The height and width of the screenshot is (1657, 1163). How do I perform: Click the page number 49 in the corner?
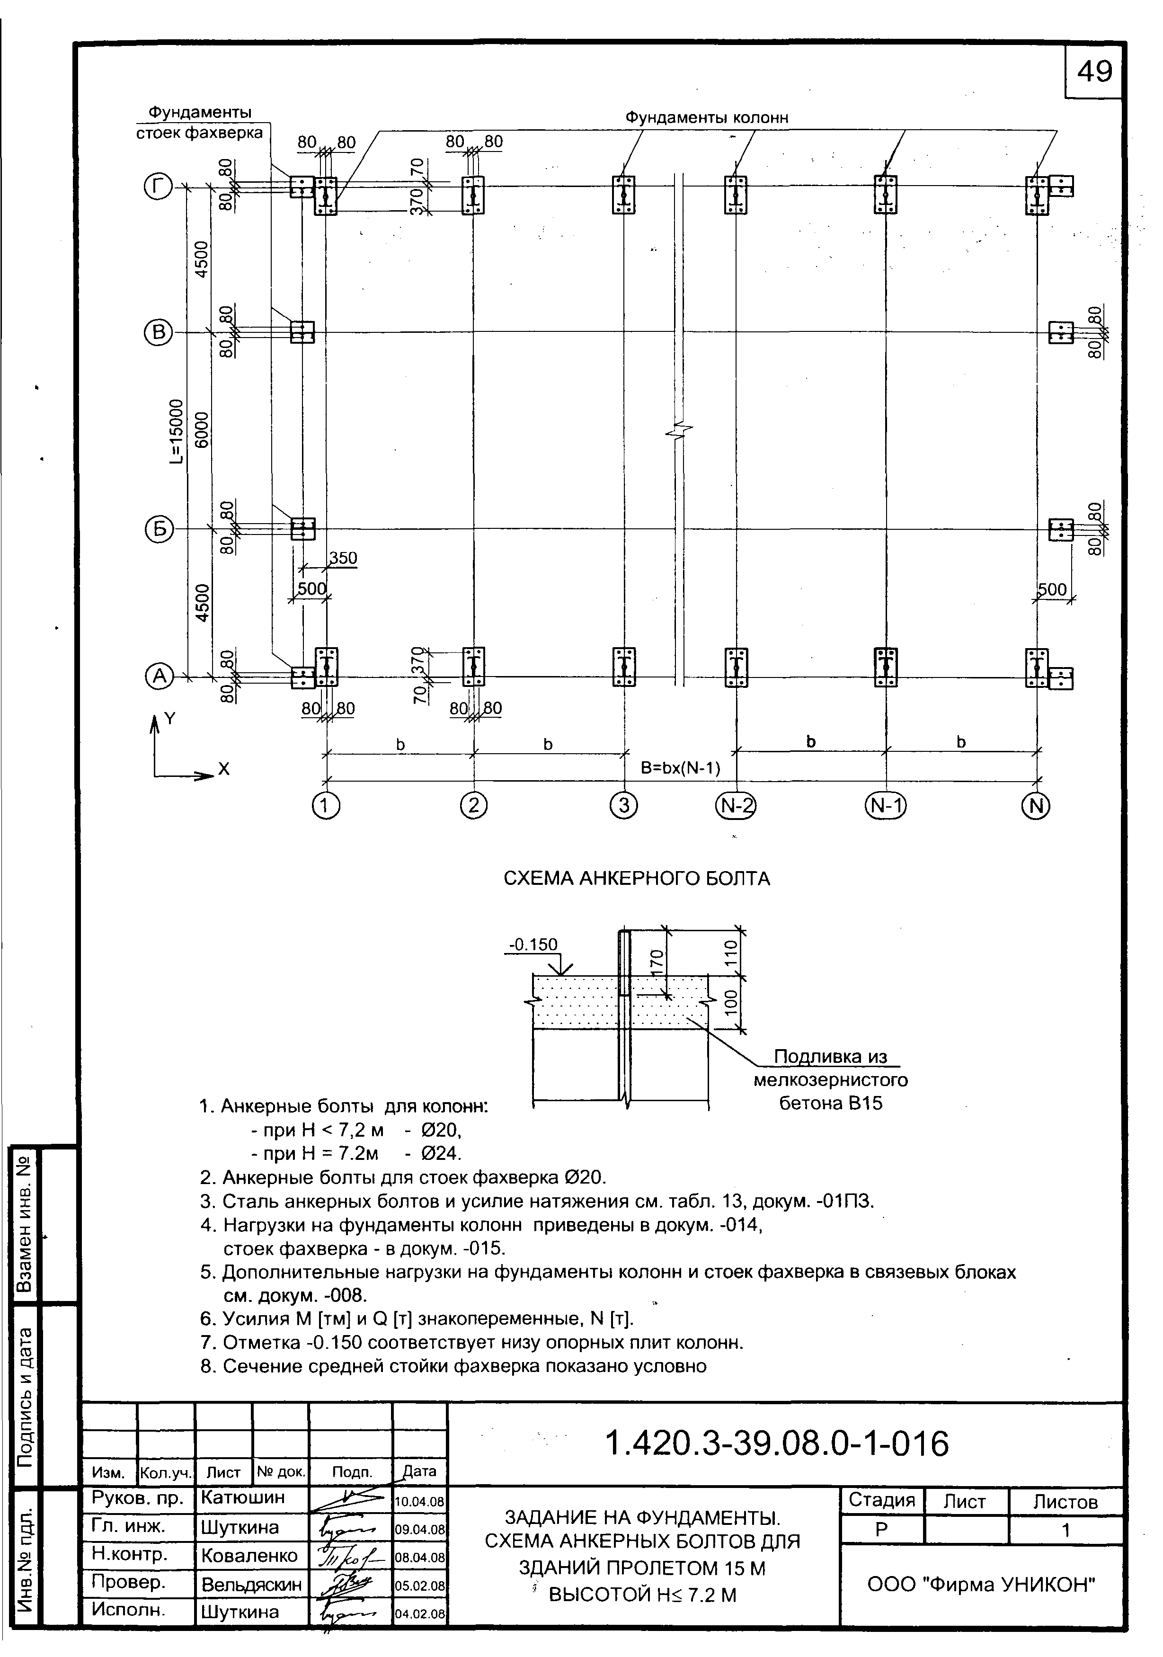pyautogui.click(x=1094, y=71)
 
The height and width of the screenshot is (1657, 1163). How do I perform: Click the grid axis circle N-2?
pyautogui.click(x=735, y=805)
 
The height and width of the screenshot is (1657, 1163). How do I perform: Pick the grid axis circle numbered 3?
pyautogui.click(x=623, y=805)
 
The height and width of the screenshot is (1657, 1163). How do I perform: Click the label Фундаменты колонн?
pyautogui.click(x=706, y=117)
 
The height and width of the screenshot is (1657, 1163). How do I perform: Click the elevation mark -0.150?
pyautogui.click(x=533, y=944)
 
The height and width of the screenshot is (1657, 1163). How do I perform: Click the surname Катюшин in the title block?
pyautogui.click(x=243, y=1497)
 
